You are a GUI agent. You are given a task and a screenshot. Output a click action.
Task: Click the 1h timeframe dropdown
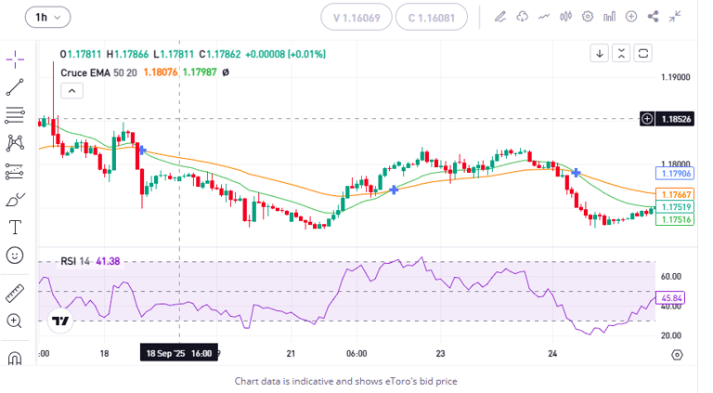click(x=47, y=17)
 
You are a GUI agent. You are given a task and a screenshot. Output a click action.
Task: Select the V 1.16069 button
click(x=356, y=17)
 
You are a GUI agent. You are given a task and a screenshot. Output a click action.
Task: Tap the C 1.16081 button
click(x=431, y=17)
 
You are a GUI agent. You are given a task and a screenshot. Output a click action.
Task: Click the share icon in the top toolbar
click(x=654, y=16)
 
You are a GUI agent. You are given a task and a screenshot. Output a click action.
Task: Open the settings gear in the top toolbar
click(x=588, y=16)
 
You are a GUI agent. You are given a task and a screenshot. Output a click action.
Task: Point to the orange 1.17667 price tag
click(x=674, y=194)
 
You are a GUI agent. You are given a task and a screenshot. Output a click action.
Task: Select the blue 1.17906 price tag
click(x=674, y=174)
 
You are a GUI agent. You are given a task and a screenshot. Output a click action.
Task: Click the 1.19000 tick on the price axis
click(x=675, y=77)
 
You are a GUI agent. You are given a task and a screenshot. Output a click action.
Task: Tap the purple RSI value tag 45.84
click(x=670, y=298)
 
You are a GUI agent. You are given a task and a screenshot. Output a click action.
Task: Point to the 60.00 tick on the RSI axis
click(x=670, y=277)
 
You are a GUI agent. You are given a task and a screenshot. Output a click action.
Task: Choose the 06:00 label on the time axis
click(x=356, y=354)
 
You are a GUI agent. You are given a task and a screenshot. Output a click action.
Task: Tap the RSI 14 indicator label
click(x=76, y=261)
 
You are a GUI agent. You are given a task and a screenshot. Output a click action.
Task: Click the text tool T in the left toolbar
click(x=15, y=227)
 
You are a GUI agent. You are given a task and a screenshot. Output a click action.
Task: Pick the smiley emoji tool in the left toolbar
click(x=15, y=255)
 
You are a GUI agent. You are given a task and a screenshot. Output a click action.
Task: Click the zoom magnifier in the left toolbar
click(x=15, y=321)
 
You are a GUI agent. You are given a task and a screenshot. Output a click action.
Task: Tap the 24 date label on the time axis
click(x=552, y=354)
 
